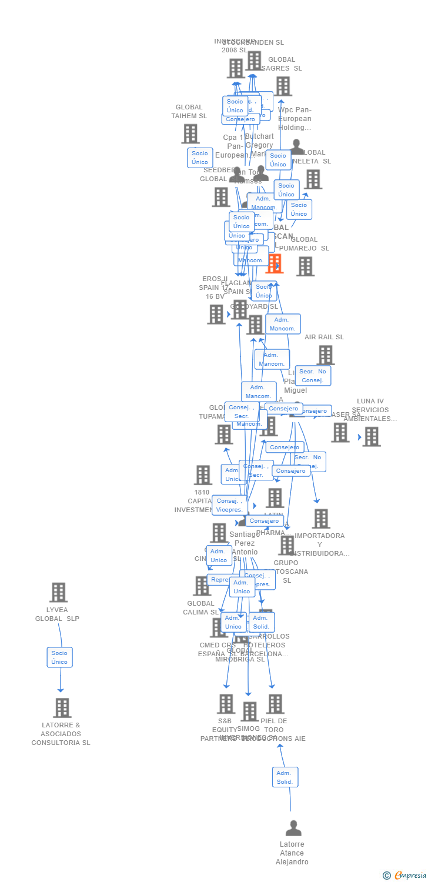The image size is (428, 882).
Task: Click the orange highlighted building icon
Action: pos(274,263)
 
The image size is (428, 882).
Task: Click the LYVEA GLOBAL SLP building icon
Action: pos(58,592)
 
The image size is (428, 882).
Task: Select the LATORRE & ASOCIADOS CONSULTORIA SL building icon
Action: pos(62,708)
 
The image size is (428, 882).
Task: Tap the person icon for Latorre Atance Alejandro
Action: pos(293,828)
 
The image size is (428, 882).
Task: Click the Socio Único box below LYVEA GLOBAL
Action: pos(59,657)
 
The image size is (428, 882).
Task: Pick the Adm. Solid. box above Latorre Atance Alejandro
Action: pos(285,777)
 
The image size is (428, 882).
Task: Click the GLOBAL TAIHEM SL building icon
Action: pos(190,133)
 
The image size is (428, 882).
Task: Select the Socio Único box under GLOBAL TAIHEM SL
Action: pos(200,158)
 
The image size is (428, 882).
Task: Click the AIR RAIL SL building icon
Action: pos(325,355)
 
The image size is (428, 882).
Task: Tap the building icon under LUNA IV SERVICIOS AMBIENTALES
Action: pos(371,436)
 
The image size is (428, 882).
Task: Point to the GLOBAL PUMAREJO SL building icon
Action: pos(305,266)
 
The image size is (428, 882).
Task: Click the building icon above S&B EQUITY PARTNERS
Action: pos(226,704)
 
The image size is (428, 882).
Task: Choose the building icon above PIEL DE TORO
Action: pos(275,704)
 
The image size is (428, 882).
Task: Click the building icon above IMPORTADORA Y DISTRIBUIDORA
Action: pos(320,519)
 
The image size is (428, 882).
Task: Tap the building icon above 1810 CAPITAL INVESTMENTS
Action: pos(203,475)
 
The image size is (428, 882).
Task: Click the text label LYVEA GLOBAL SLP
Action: pos(57,614)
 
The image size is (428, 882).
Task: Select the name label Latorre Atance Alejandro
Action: pos(292,853)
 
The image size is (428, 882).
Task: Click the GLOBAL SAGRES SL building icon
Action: pos(283,86)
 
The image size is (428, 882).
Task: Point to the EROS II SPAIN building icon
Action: pos(216,314)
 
